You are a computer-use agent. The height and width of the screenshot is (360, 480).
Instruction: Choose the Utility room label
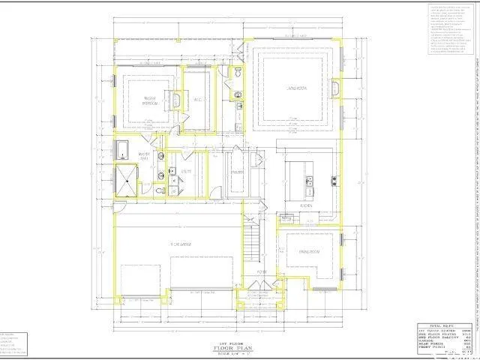click(x=186, y=172)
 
